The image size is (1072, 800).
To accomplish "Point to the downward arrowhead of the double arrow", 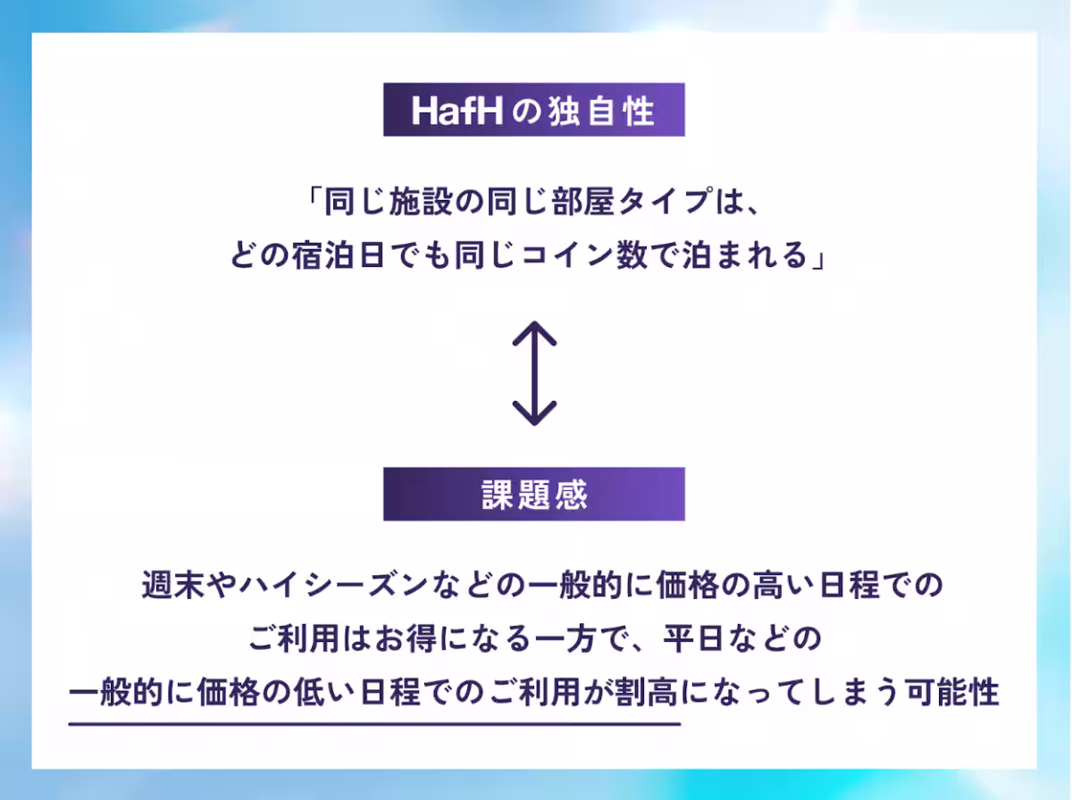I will (534, 416).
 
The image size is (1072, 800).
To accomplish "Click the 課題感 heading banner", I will (534, 494).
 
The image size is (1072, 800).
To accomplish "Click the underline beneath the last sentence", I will (375, 722).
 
